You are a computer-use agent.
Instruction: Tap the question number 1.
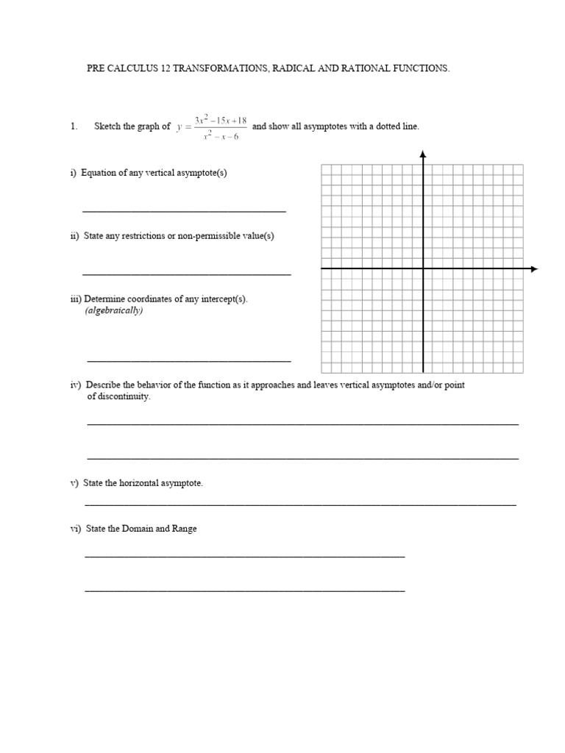(74, 126)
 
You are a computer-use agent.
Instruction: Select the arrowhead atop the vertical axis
(423, 154)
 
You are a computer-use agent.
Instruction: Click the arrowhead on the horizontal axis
(534, 269)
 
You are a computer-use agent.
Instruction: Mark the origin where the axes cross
(423, 269)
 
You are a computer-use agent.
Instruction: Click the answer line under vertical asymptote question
(184, 211)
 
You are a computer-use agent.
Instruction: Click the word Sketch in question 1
(108, 126)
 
